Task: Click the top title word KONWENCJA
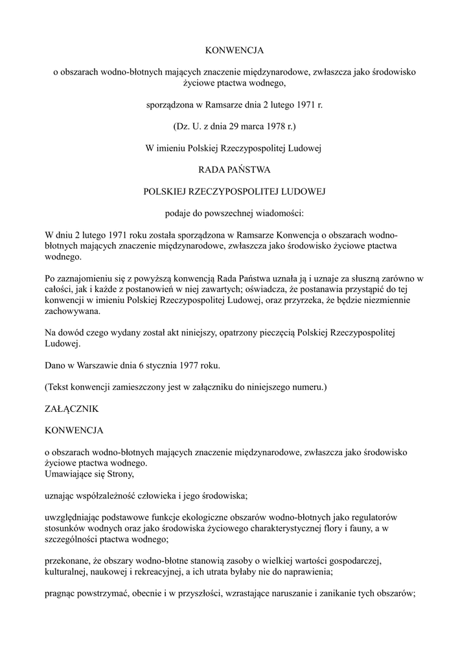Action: coord(234,50)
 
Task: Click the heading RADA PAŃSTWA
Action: coord(234,170)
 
